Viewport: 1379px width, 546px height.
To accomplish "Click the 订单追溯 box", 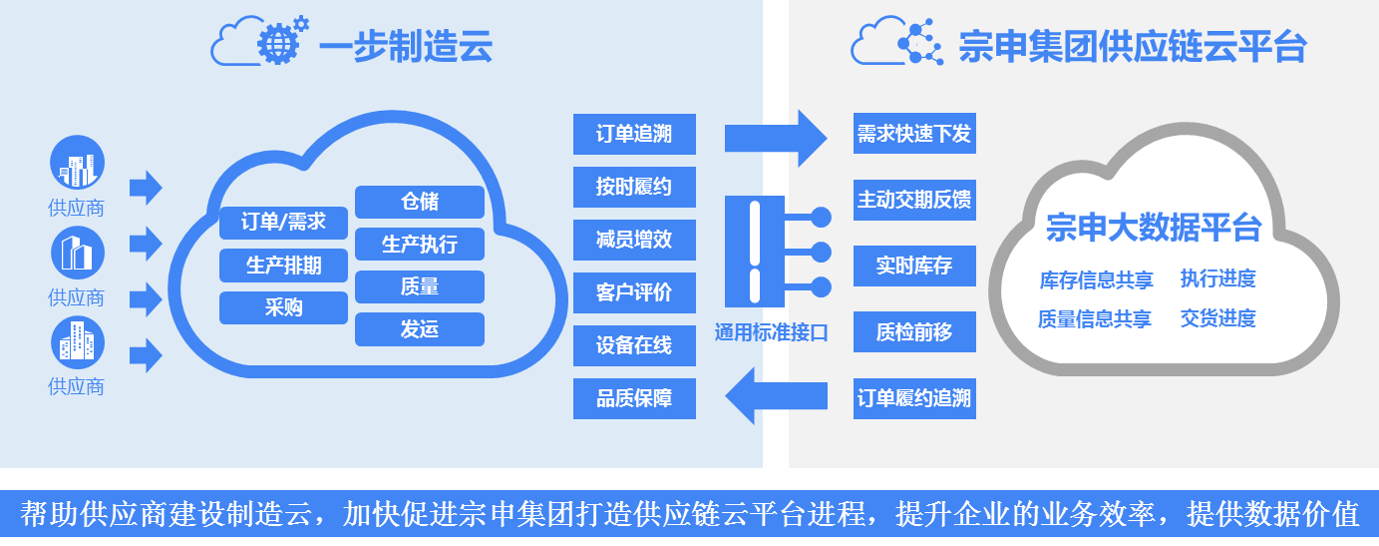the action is tap(634, 134).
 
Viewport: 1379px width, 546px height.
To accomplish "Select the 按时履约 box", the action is tap(634, 187).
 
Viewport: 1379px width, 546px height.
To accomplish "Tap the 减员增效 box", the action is tap(634, 240).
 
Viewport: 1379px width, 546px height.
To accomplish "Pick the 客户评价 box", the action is tap(634, 292).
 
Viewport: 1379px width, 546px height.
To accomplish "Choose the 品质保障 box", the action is tap(634, 398).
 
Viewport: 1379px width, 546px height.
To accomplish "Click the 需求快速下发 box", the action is tap(914, 133).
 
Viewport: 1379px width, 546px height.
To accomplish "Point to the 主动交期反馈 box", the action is tap(914, 200).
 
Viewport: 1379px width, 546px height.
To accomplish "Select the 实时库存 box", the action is tap(914, 266).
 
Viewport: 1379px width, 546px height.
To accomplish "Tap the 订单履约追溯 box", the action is tap(914, 398).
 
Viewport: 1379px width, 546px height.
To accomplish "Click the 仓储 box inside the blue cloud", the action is tap(420, 202).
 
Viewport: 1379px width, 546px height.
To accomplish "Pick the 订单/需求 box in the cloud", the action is tap(284, 223).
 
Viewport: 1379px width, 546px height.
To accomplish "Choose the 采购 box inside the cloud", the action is tap(284, 307).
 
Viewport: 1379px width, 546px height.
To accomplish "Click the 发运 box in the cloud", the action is tap(420, 329).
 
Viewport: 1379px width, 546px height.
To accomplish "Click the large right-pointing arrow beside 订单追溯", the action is tap(776, 138).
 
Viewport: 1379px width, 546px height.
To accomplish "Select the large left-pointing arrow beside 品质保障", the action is tap(776, 395).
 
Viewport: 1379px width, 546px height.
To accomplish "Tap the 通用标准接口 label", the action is tap(772, 332).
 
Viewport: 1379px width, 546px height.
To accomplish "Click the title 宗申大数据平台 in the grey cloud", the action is tap(1154, 227).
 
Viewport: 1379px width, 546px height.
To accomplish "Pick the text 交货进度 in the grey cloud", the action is tap(1217, 318).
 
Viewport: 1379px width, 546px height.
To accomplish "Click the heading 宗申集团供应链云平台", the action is tap(1133, 47).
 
